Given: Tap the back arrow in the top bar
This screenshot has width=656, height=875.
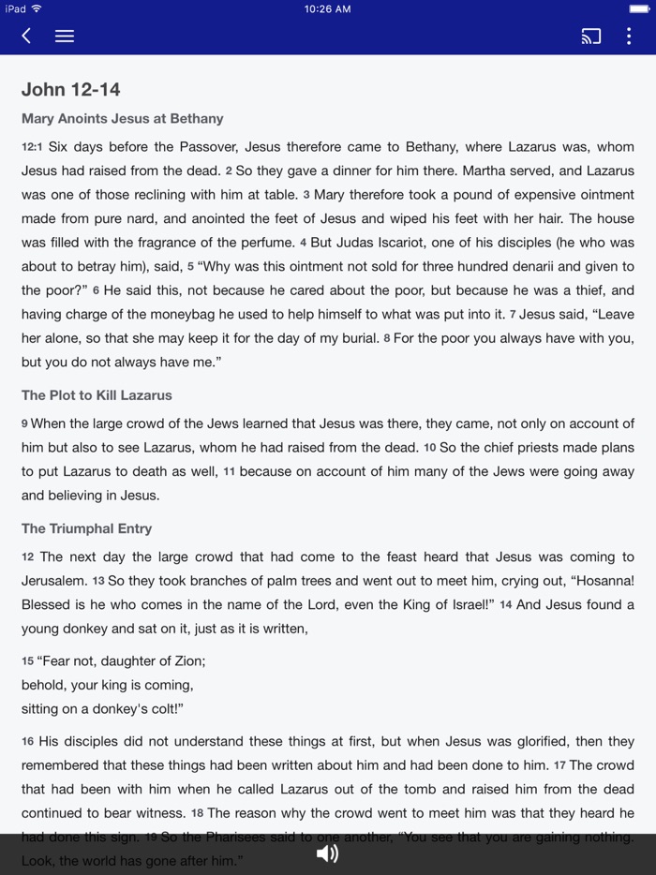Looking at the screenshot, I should [26, 36].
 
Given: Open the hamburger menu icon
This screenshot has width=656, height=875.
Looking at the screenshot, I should [65, 36].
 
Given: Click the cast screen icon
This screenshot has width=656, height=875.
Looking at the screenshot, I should [591, 37].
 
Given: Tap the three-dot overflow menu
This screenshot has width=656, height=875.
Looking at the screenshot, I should [629, 37].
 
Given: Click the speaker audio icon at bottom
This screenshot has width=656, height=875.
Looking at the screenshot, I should [327, 853].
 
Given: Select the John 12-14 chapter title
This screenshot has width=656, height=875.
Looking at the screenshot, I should [71, 90].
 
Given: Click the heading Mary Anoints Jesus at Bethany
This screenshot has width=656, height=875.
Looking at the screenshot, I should [122, 119].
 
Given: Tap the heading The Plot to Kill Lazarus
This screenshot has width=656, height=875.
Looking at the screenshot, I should [97, 395].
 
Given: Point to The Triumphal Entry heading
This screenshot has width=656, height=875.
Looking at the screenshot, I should [86, 528].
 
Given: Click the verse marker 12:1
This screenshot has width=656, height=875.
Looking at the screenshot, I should [33, 147].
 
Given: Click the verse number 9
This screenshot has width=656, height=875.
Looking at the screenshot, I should [25, 424].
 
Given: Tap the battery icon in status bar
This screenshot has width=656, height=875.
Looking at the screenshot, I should [639, 9].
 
